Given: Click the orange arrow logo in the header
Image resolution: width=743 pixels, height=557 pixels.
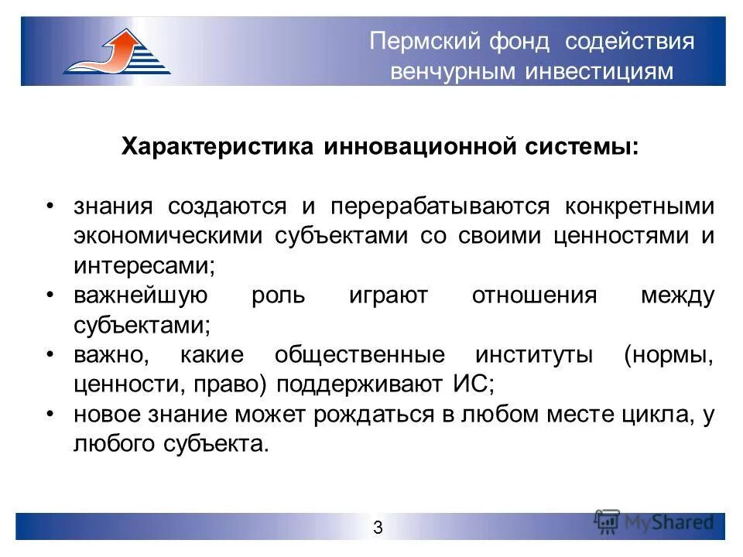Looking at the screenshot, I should click(x=117, y=51).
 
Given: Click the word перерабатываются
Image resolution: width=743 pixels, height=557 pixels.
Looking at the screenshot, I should click(x=440, y=207).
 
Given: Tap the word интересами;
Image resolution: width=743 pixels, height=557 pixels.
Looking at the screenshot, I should click(x=144, y=265).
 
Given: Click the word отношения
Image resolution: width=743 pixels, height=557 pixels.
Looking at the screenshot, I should click(x=534, y=296).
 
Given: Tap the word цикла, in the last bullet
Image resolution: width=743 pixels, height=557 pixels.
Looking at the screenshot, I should click(x=656, y=415).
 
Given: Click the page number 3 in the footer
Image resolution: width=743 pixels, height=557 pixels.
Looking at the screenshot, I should click(x=378, y=528).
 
